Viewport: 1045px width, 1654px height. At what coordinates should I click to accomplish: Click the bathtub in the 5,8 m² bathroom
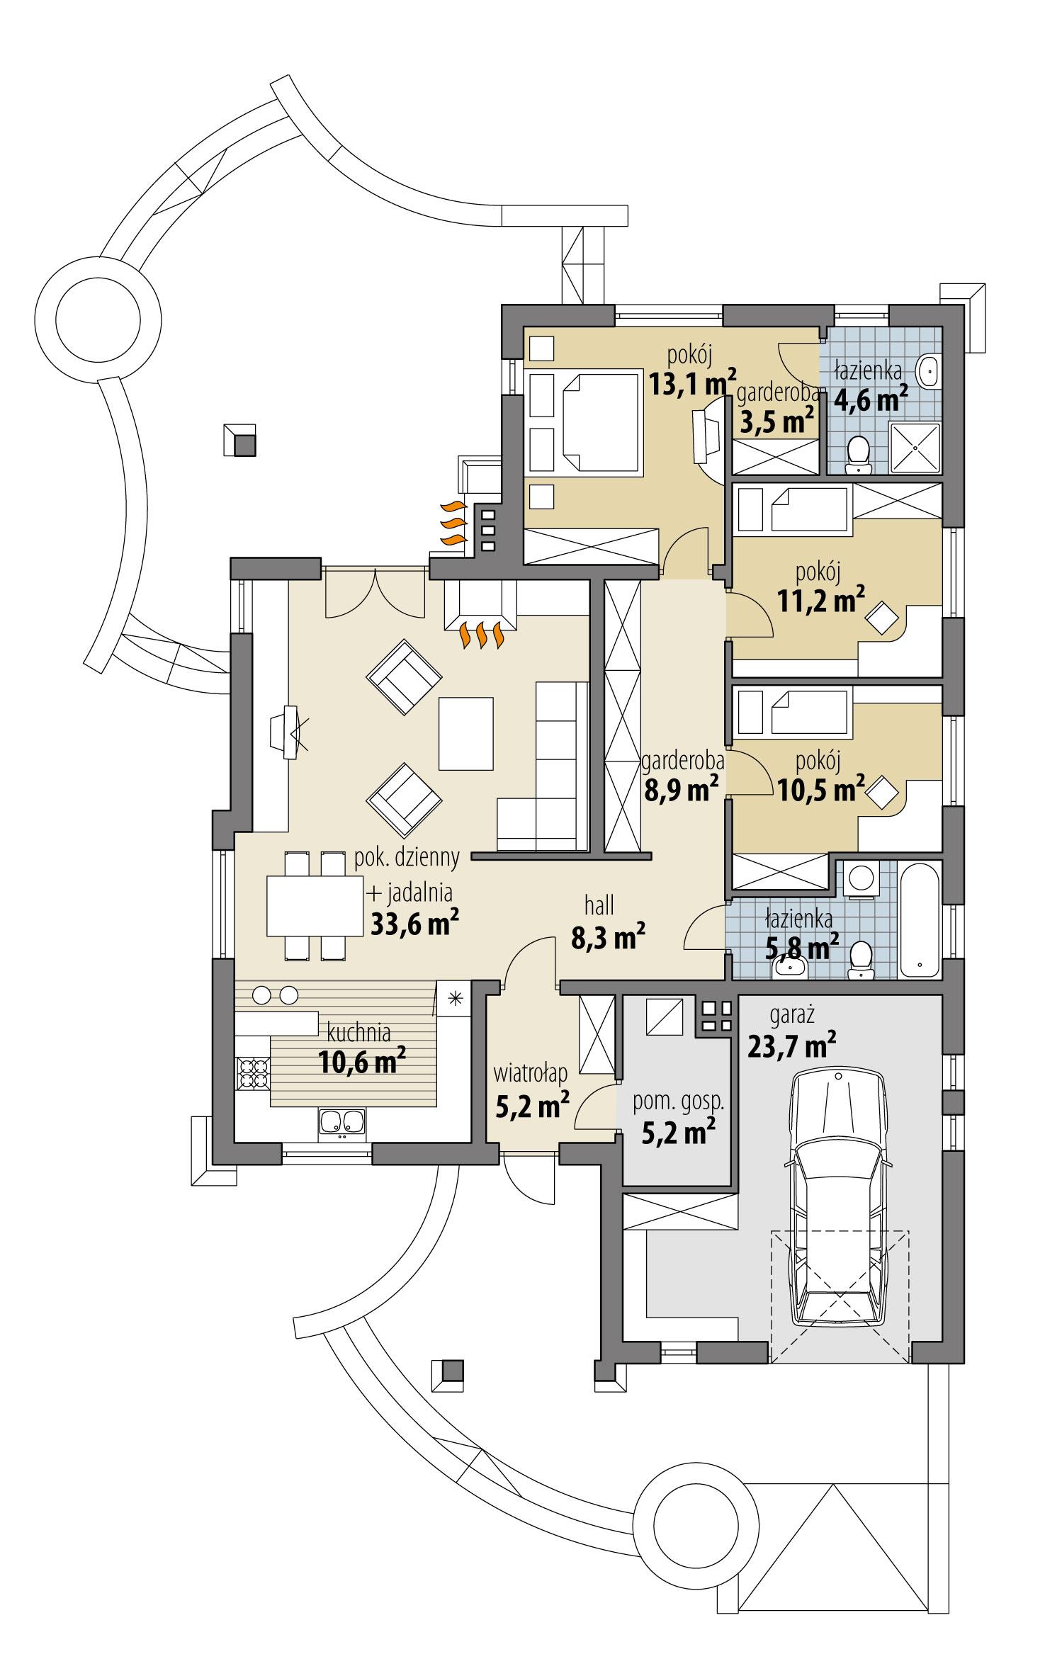[919, 919]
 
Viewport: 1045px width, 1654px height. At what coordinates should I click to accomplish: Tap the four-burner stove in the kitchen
[253, 1072]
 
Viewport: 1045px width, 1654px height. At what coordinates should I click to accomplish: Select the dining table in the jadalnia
[314, 906]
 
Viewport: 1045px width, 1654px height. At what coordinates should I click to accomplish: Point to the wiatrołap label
[531, 1074]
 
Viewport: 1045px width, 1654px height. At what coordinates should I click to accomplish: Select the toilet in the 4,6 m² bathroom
[859, 454]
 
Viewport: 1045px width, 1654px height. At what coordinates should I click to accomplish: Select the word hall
[599, 905]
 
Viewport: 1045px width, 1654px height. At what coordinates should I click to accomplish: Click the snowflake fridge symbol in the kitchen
[456, 999]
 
